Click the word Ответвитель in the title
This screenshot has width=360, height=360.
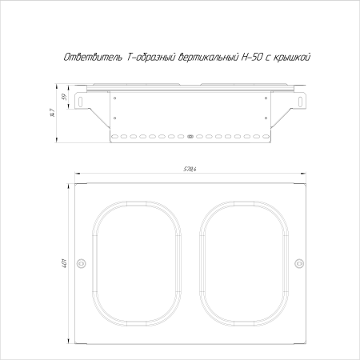91,58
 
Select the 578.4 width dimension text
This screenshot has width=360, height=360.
190,168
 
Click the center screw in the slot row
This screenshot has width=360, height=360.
190,137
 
